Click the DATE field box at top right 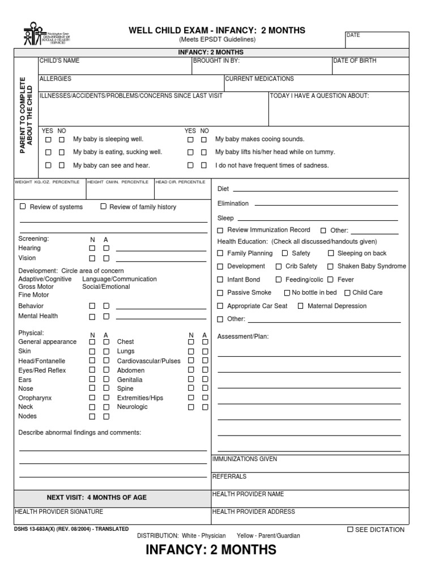point(377,40)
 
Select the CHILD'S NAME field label point(59,61)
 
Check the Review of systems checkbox point(23,207)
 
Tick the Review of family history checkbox point(103,207)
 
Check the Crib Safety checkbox point(279,266)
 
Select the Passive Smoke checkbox point(220,293)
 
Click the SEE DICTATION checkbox point(350,530)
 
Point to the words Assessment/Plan point(243,336)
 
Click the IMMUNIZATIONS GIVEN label point(245,459)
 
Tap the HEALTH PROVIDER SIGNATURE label point(59,511)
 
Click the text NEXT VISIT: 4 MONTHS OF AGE point(96,497)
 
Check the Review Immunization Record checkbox point(220,231)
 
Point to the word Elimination point(233,203)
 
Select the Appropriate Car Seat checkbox point(220,306)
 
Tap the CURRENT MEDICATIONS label point(259,79)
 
